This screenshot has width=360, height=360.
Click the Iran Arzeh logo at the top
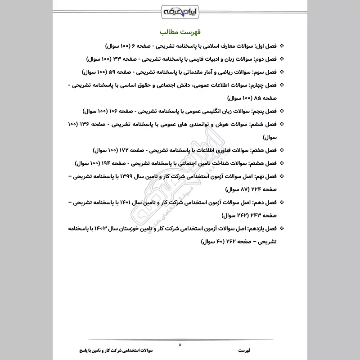180,10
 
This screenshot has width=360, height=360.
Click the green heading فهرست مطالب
180,33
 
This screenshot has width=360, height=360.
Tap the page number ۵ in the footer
180,345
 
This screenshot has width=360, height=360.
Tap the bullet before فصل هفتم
282,149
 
